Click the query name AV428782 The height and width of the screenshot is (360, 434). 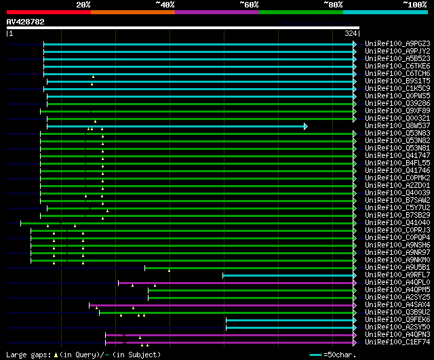point(26,22)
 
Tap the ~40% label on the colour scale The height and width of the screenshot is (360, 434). point(165,5)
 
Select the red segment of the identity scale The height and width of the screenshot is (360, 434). point(49,12)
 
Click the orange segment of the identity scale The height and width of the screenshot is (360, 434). point(133,12)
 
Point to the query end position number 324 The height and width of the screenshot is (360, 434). point(351,33)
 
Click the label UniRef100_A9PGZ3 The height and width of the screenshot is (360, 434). point(397,43)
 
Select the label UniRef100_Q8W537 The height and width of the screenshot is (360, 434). point(397,126)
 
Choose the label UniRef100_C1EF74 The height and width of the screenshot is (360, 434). point(397,342)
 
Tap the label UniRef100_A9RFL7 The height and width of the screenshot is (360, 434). point(397,275)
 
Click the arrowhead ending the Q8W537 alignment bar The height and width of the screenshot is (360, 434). point(306,127)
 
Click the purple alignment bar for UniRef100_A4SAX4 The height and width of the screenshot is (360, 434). point(221,306)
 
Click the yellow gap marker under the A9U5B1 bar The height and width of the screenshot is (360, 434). point(169,271)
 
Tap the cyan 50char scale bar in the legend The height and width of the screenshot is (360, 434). point(315,355)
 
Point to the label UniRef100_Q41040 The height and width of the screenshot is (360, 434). point(397,223)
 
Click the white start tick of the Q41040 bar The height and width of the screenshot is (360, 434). point(21,223)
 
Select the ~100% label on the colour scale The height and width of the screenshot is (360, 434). point(415,5)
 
